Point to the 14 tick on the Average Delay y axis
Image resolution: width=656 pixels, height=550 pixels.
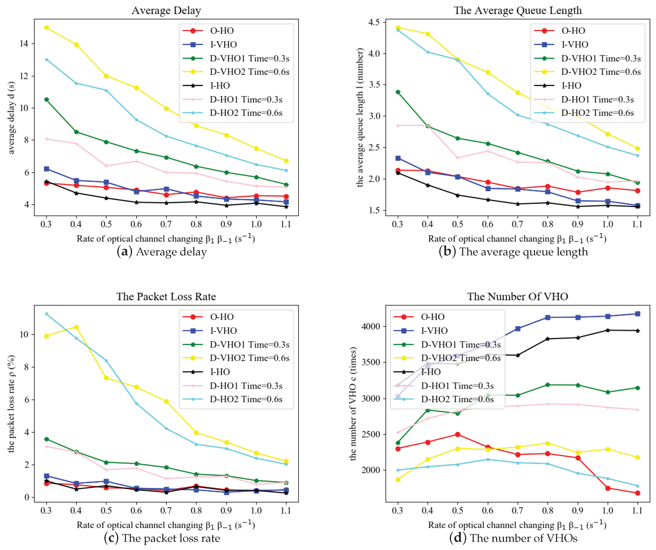[x=24, y=43]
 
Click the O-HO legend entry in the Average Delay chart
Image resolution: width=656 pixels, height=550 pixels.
[x=222, y=31]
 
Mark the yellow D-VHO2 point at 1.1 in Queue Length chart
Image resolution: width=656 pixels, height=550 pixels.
[x=637, y=149]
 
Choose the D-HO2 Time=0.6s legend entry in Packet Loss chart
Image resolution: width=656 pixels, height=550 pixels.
[x=246, y=399]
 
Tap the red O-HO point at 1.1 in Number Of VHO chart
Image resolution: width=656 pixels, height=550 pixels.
[x=637, y=493]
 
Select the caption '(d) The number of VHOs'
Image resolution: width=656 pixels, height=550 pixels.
[x=513, y=538]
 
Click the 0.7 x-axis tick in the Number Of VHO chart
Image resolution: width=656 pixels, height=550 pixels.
[x=517, y=511]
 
